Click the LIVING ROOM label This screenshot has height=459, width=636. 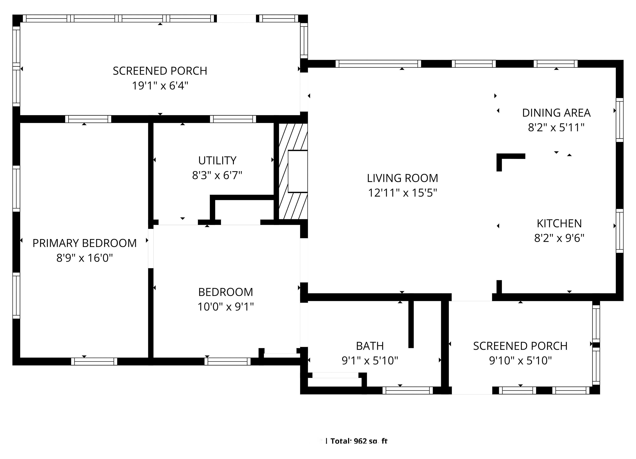(402, 178)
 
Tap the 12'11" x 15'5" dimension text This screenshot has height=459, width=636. (402, 193)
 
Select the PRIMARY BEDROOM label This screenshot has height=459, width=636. (84, 243)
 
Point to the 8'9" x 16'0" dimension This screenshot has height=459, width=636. (84, 258)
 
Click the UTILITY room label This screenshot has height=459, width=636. (217, 161)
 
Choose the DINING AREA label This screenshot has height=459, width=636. (556, 113)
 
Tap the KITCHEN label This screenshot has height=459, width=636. (559, 224)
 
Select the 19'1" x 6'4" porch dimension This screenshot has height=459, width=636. (160, 86)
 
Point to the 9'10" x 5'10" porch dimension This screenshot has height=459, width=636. (520, 361)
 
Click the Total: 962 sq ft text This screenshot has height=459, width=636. (359, 441)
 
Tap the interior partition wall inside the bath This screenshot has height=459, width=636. (411, 324)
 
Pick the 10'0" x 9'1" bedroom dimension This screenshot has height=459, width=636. (225, 307)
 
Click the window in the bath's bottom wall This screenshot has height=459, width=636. (407, 390)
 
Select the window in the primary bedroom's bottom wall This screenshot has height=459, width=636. (94, 362)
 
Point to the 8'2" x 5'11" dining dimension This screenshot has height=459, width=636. (556, 128)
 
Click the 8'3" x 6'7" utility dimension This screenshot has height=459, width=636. (217, 175)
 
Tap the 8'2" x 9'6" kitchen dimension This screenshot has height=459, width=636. (559, 238)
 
